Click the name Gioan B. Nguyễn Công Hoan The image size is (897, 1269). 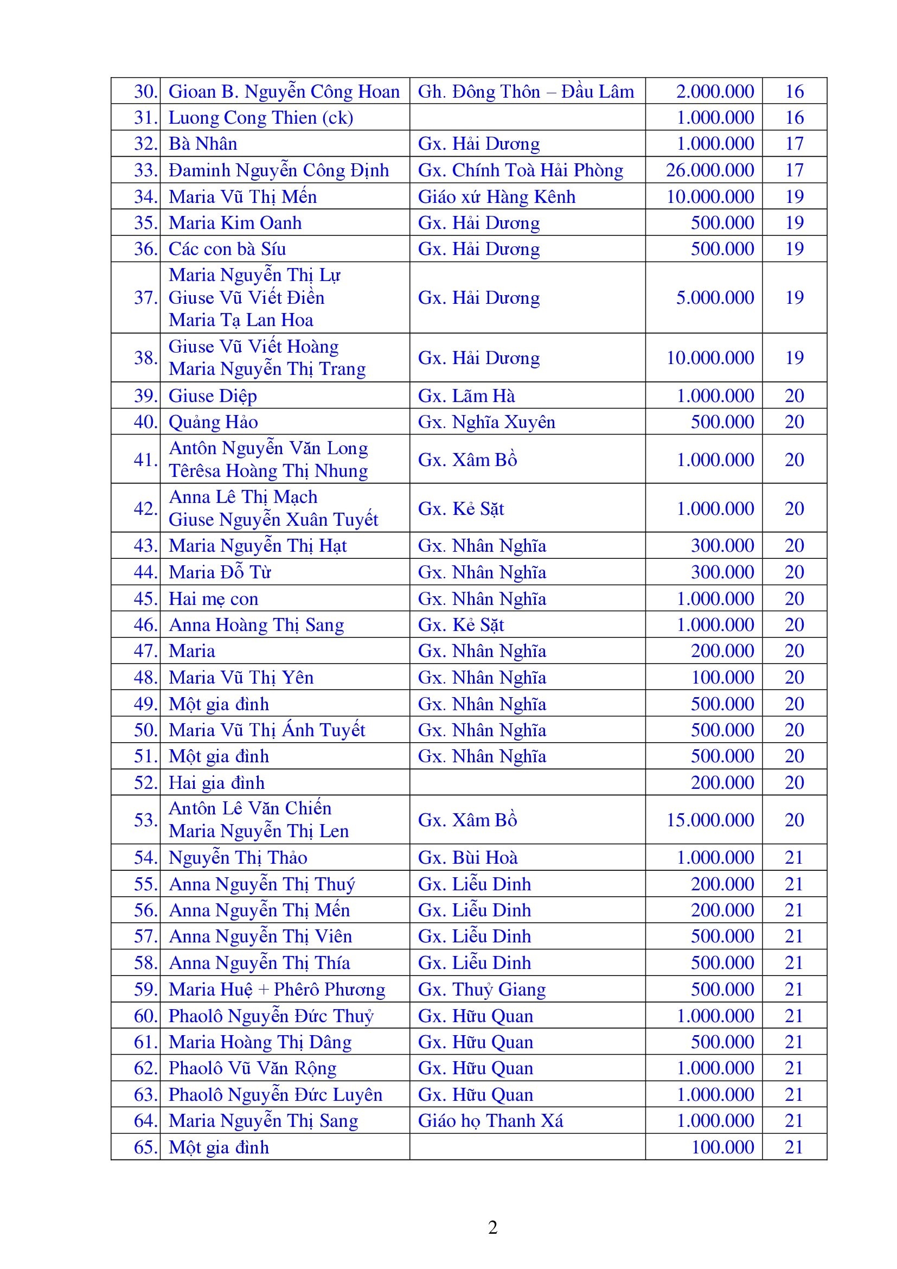click(x=284, y=91)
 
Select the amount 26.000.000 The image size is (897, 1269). click(x=710, y=170)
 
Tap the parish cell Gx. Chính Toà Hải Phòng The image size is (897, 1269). click(x=520, y=170)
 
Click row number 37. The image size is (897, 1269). click(x=145, y=297)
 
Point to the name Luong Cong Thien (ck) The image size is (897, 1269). click(x=261, y=117)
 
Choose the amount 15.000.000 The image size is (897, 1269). click(x=710, y=820)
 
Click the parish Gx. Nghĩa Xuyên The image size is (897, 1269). click(x=486, y=422)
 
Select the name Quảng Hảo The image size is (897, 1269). click(x=213, y=422)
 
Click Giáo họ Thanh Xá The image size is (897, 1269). click(x=490, y=1120)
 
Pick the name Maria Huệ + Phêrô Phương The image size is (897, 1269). click(x=277, y=989)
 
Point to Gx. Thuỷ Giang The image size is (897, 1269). click(x=482, y=989)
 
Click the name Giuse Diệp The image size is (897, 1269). click(x=213, y=396)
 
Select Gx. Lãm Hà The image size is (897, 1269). click(x=466, y=396)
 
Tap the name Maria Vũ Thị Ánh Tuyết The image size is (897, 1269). click(x=267, y=730)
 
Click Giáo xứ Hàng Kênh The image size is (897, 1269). click(x=497, y=196)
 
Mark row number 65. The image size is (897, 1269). click(x=145, y=1147)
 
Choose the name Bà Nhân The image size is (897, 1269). click(x=203, y=144)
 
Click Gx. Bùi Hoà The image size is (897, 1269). click(x=468, y=857)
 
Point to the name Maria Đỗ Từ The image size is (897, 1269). click(x=220, y=572)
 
